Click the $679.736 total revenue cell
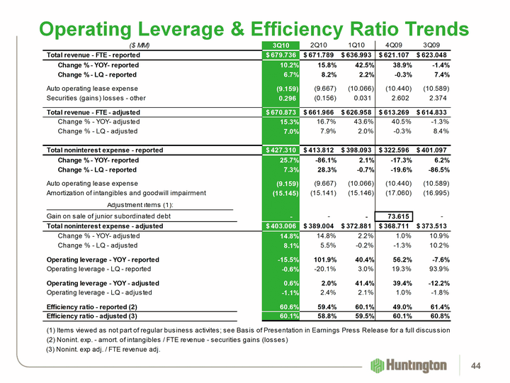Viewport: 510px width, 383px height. pos(282,55)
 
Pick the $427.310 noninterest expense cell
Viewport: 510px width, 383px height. pos(282,150)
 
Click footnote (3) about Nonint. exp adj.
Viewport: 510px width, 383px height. pos(103,350)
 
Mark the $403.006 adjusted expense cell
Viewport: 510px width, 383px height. pos(282,226)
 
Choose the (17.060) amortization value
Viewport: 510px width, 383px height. pos(395,193)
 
